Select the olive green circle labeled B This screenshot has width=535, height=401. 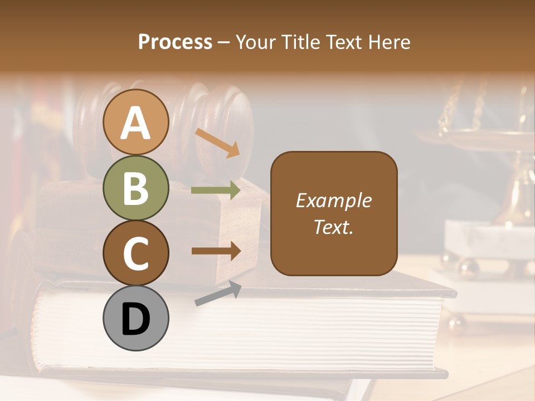point(135,188)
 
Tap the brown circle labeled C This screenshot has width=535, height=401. point(135,253)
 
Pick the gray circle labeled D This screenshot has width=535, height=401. point(135,318)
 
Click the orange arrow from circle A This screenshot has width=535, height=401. point(217,143)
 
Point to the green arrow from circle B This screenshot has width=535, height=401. point(216,190)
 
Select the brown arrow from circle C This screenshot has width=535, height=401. point(216,251)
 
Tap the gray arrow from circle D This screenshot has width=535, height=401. point(218,294)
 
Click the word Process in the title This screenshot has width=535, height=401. point(175,42)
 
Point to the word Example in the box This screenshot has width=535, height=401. point(333,200)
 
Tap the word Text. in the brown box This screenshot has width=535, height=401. point(333,227)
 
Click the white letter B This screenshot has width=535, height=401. point(135,188)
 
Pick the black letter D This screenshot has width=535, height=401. point(135,319)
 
